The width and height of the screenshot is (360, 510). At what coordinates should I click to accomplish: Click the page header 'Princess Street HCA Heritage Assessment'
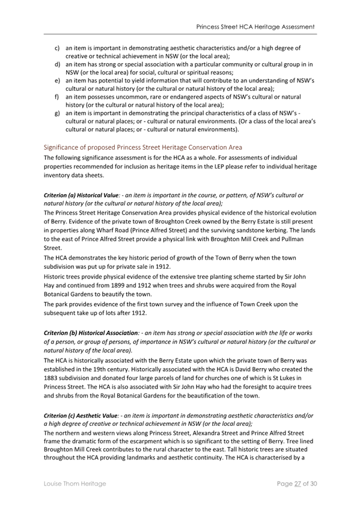(255, 28)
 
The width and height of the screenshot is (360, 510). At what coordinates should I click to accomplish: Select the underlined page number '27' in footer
(295, 484)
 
